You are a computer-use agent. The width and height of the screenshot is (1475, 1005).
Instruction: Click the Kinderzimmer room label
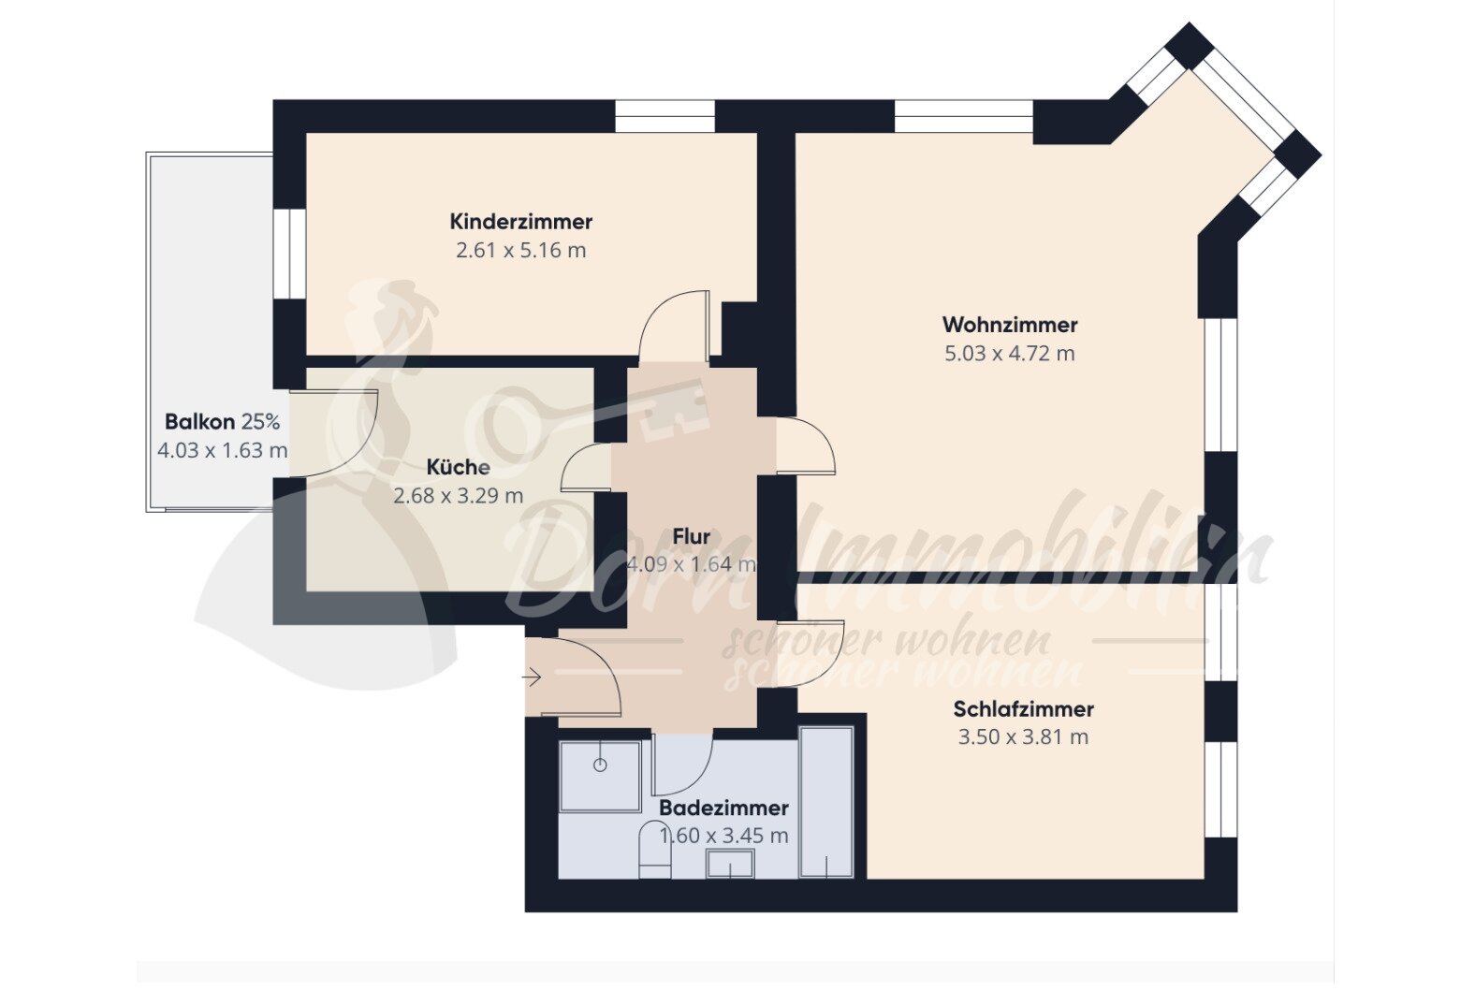(520, 222)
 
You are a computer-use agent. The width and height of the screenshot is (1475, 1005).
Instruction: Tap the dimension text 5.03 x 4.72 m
(1009, 354)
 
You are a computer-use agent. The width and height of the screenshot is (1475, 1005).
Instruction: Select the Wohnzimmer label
(1009, 325)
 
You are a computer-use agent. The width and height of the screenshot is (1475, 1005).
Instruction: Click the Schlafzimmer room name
(1023, 708)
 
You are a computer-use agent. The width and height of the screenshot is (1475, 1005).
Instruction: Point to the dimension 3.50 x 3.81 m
(1023, 737)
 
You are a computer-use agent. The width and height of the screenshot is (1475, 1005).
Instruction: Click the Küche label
(458, 467)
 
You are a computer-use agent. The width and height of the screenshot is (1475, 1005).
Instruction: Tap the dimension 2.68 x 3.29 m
(458, 496)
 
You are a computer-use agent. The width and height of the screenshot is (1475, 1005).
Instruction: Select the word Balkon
(200, 422)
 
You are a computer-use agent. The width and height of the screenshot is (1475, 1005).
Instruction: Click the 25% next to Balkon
(260, 422)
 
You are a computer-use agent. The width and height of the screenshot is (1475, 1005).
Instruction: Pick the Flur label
(691, 536)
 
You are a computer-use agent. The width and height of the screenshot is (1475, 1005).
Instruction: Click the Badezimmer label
(723, 808)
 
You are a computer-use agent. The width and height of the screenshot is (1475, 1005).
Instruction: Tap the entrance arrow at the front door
(533, 677)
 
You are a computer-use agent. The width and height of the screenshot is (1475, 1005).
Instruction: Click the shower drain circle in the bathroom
(600, 765)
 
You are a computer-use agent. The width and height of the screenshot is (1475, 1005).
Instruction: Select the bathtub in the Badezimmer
(826, 803)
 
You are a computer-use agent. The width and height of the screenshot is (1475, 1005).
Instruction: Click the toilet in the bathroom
(654, 851)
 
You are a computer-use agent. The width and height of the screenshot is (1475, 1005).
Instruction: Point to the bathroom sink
(730, 863)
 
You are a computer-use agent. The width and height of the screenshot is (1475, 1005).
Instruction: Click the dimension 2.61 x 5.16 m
(520, 251)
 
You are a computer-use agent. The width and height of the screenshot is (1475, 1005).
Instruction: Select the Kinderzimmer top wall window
(664, 116)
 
